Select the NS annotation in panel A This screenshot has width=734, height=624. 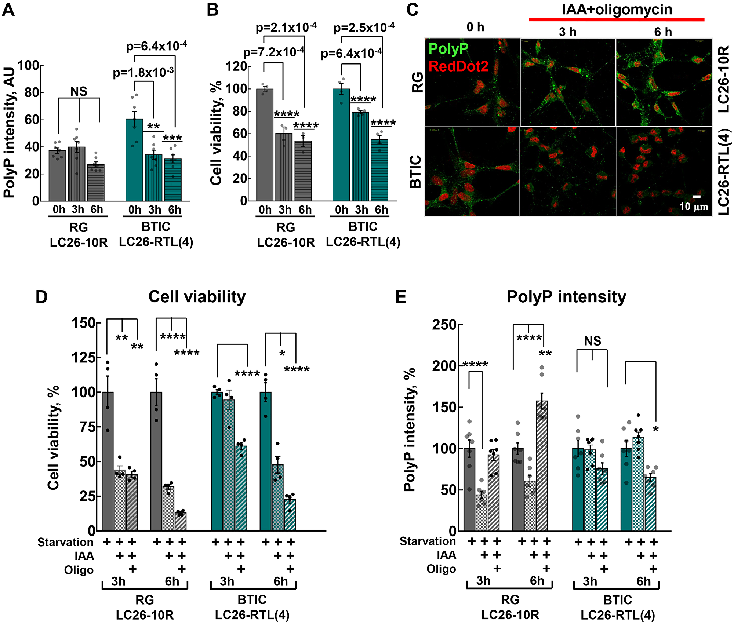tap(79, 91)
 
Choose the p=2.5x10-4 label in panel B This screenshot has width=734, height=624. tap(364, 28)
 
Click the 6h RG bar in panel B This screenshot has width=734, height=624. tap(303, 171)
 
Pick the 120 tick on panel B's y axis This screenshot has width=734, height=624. tap(236, 66)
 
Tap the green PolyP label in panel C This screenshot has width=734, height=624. tap(448, 49)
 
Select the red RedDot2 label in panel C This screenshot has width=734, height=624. tap(458, 66)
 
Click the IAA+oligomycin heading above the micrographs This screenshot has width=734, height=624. tap(617, 10)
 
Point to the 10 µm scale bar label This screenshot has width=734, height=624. tap(693, 207)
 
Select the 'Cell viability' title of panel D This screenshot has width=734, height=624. tap(197, 296)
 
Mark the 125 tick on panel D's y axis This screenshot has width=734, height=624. tap(83, 357)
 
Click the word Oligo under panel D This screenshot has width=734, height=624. tap(79, 570)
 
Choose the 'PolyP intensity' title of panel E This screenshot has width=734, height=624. tap(566, 296)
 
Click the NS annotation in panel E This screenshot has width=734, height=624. tap(593, 341)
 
